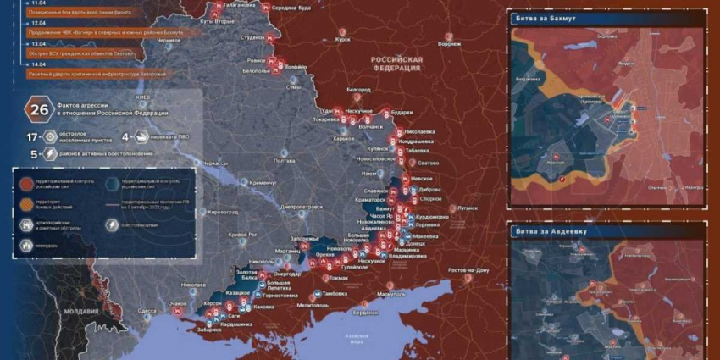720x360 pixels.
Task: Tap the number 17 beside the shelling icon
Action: click(31, 136)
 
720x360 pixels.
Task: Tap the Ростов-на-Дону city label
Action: click(469, 270)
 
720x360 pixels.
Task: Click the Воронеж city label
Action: click(450, 44)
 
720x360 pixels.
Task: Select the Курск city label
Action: click(343, 39)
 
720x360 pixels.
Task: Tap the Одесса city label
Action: click(147, 311)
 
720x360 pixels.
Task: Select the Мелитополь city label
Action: click(313, 305)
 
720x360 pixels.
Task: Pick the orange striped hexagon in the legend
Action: click(26, 203)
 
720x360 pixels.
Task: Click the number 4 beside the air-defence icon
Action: click(125, 136)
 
